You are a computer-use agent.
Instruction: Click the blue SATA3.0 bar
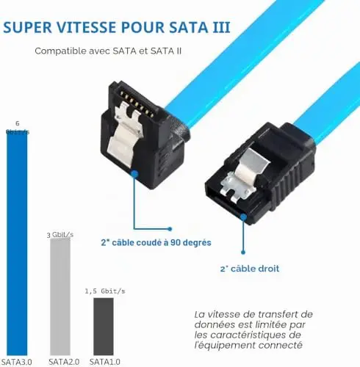click(x=17, y=244)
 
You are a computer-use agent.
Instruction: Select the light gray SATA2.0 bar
click(x=60, y=297)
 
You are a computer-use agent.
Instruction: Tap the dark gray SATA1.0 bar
click(x=104, y=327)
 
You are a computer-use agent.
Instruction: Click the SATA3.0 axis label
click(x=17, y=362)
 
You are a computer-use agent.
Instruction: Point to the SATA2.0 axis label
click(x=64, y=362)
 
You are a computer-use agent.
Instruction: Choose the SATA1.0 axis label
click(x=105, y=362)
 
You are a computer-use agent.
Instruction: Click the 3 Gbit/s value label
click(x=60, y=235)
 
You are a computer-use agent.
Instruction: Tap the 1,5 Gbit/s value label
click(x=105, y=291)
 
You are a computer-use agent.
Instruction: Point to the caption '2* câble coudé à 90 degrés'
click(x=156, y=242)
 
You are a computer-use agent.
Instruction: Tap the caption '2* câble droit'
click(x=250, y=269)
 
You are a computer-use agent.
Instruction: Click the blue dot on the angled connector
click(x=134, y=174)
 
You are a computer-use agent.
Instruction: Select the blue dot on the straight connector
click(x=243, y=217)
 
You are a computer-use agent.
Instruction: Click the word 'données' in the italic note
click(x=215, y=324)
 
